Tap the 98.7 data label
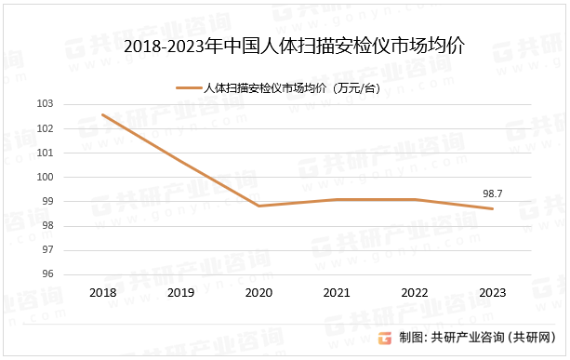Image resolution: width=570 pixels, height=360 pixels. (x=492, y=193)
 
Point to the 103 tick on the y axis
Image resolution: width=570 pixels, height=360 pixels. (x=72, y=104)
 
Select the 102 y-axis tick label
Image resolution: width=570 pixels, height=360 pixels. (x=72, y=128)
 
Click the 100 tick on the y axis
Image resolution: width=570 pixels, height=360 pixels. (x=72, y=177)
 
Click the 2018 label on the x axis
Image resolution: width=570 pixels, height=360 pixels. (x=102, y=292)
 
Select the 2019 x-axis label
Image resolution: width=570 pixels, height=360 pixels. (x=180, y=292)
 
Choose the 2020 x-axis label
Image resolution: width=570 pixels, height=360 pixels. (x=258, y=292)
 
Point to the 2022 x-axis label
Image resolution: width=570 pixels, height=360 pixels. (x=414, y=292)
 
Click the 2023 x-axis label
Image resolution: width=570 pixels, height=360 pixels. (x=492, y=292)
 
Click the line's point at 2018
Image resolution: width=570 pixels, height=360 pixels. (x=102, y=114)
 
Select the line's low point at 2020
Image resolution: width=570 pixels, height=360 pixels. (x=258, y=206)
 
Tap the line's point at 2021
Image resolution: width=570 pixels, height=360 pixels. (x=336, y=199)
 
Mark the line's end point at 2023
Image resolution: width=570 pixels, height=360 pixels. (x=492, y=208)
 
